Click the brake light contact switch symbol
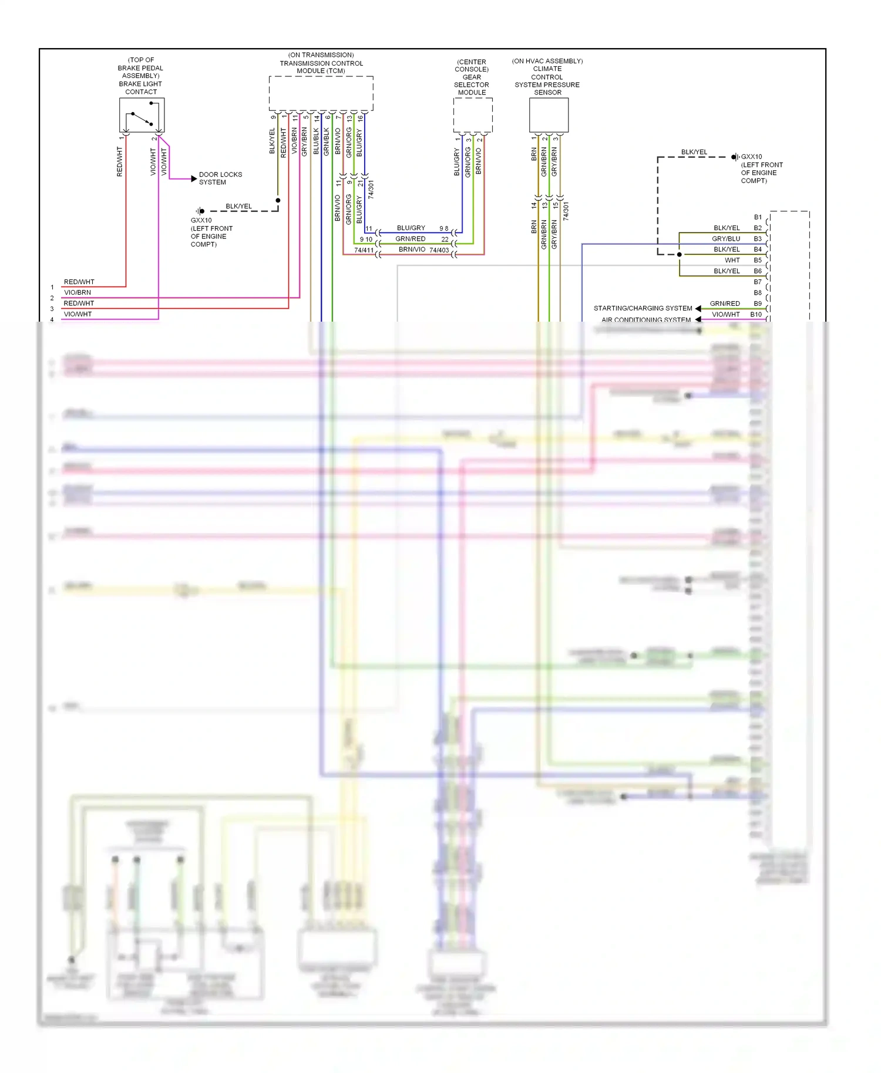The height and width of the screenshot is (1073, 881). click(x=142, y=115)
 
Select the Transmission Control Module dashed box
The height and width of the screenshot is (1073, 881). click(x=321, y=93)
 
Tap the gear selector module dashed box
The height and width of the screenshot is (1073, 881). click(x=472, y=115)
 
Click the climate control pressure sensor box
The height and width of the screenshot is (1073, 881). click(x=549, y=115)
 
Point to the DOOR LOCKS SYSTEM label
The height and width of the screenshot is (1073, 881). click(x=220, y=178)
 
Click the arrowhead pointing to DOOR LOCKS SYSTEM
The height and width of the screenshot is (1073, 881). click(x=194, y=178)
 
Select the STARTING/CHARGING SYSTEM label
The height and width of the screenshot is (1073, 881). click(x=643, y=308)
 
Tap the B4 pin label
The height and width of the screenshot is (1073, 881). click(x=758, y=249)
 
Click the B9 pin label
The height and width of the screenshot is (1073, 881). click(x=758, y=303)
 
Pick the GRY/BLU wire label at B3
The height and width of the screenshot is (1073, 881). click(x=726, y=239)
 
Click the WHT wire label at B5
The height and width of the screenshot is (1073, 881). click(x=732, y=260)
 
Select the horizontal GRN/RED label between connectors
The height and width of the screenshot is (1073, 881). click(x=410, y=239)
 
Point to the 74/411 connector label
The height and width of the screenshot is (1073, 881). click(x=364, y=251)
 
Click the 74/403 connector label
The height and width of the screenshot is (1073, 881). click(x=439, y=251)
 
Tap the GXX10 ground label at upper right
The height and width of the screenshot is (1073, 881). click(x=751, y=157)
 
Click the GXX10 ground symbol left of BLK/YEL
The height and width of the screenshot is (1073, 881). click(x=200, y=211)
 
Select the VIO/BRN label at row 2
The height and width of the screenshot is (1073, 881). click(x=77, y=292)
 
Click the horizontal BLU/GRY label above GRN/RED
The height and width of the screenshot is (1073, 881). click(x=411, y=228)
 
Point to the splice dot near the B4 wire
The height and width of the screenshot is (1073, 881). click(x=679, y=255)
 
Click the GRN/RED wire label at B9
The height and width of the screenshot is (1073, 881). click(x=725, y=303)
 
